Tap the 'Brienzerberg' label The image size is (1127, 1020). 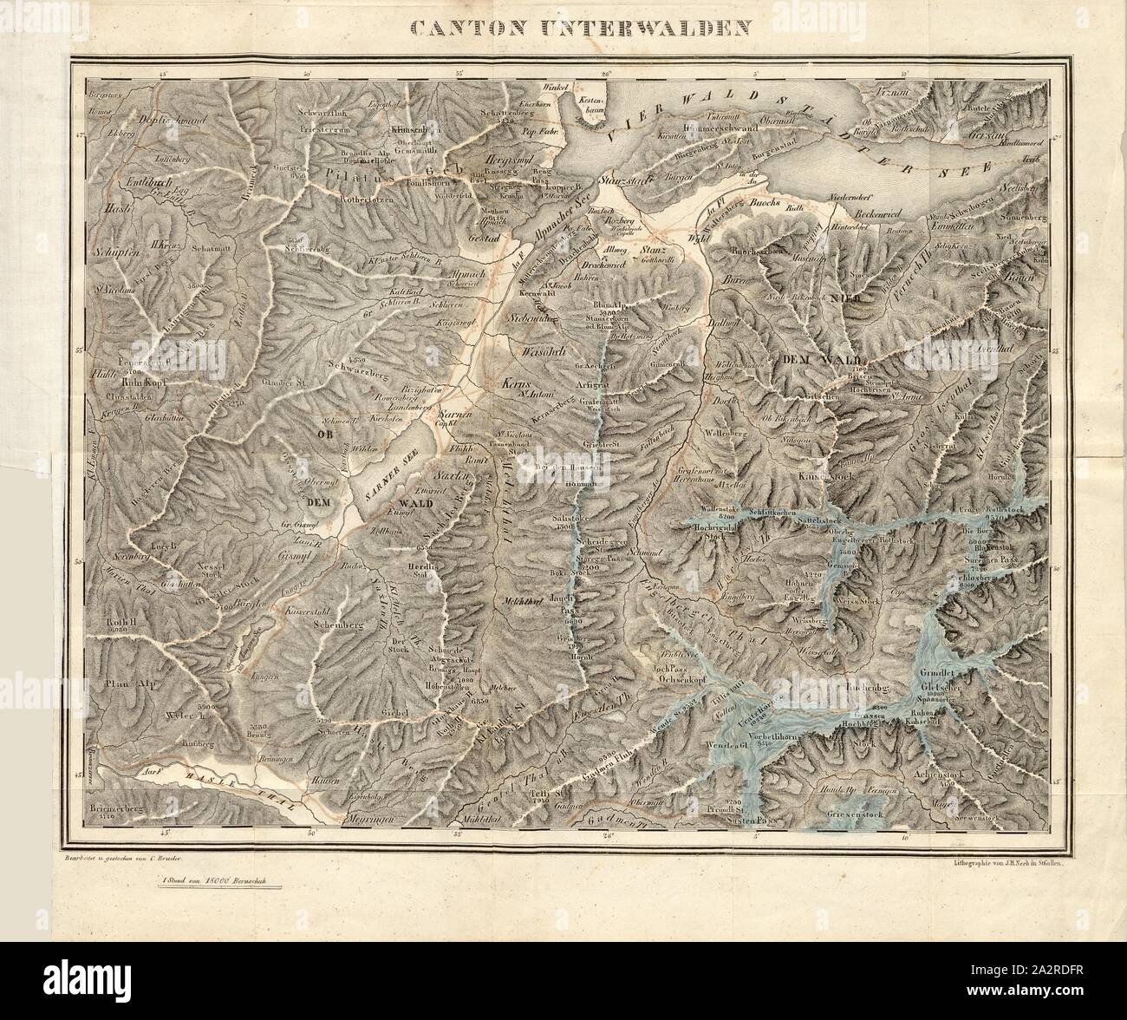114,807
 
